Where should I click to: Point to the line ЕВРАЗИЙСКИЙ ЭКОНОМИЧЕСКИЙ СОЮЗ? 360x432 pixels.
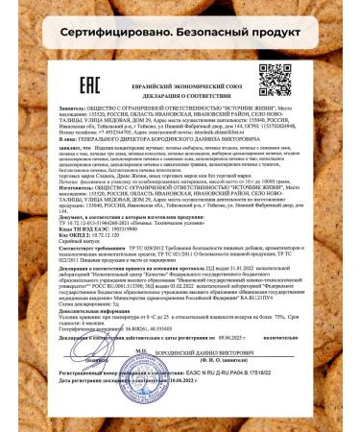click(180, 80)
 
